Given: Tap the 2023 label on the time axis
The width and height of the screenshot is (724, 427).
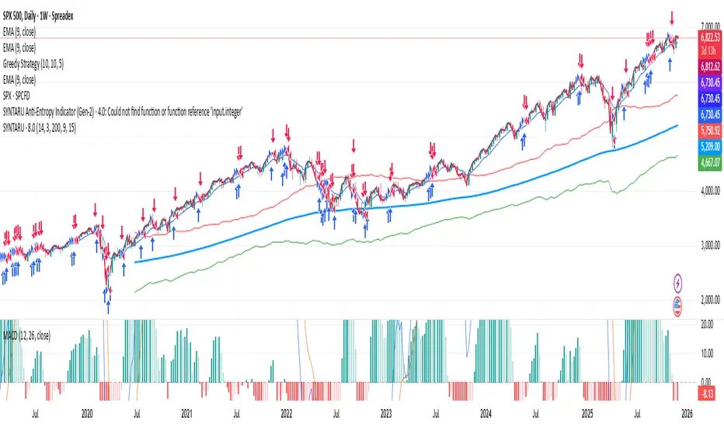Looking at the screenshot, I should click(x=385, y=415).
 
